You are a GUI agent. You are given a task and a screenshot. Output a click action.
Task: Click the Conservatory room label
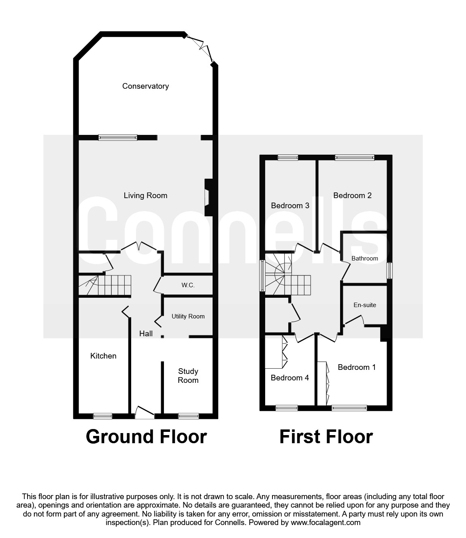point(145,86)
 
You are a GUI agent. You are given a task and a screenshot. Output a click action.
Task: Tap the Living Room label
point(145,195)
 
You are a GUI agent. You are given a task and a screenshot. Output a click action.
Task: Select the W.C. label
point(188,285)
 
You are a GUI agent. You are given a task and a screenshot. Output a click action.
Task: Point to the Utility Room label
point(188,316)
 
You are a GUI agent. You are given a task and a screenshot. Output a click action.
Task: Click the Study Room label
point(188,376)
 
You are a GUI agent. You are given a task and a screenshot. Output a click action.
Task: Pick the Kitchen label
point(103,356)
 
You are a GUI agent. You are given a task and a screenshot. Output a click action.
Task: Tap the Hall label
point(146,333)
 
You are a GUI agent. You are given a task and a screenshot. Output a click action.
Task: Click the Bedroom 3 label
point(290,205)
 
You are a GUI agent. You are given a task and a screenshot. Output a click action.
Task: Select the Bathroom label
point(364,258)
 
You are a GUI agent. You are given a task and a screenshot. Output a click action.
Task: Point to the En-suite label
point(365,305)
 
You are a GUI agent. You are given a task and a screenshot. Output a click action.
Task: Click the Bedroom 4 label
point(289,378)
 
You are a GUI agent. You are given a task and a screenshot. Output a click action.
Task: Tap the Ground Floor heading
point(146,437)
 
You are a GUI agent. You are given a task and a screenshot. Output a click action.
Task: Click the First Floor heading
point(326,437)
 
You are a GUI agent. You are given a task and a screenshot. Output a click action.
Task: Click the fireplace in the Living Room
point(208,197)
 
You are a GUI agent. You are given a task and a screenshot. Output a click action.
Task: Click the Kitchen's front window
point(102,415)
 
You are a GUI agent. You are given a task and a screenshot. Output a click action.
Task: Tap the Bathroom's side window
point(389,270)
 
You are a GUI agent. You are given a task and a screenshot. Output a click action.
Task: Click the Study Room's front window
point(189,415)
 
